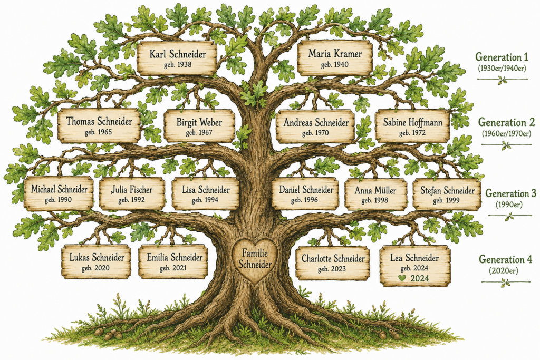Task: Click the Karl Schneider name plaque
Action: pos(177,58)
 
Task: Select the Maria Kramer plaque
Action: pos(335,58)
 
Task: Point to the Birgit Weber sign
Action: pos(199,126)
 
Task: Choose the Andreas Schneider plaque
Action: pos(315,127)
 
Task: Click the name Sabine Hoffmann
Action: pos(412,122)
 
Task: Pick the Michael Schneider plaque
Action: pos(59,193)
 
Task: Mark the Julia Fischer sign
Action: pos(132,193)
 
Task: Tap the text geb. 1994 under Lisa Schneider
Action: pos(205,200)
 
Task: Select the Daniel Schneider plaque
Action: pos(306,194)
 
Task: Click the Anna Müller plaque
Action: pos(375,194)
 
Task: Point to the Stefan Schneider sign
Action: pos(447,194)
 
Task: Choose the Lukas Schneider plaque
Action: pos(97,261)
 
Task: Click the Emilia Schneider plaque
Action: pos(173,261)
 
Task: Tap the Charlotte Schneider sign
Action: pos(333,263)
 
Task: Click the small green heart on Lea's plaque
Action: pos(402,278)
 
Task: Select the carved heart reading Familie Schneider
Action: pos(255,260)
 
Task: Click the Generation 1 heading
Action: pos(502,57)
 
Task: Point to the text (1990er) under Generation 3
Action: pos(509,205)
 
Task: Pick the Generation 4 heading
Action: pos(505,259)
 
